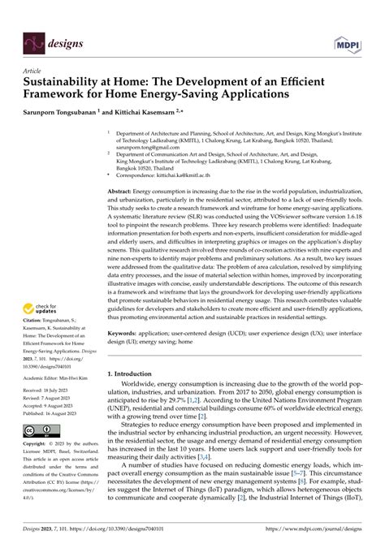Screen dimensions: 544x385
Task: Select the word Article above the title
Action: coord(34,71)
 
